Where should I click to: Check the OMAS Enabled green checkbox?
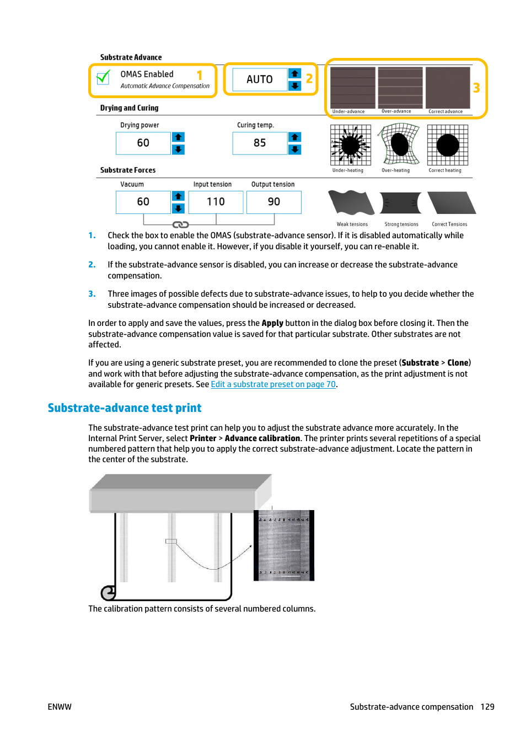(x=103, y=78)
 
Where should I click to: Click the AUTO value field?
(x=259, y=79)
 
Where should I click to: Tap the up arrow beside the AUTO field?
(x=295, y=73)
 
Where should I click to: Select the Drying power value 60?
(x=143, y=143)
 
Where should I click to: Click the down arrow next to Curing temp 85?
(x=295, y=149)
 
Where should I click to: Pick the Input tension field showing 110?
(x=216, y=202)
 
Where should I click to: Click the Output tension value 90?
(x=273, y=202)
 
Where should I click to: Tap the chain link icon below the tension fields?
(x=181, y=224)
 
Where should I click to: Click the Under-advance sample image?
(x=352, y=88)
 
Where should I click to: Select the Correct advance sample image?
(x=448, y=88)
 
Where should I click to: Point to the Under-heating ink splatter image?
(x=350, y=145)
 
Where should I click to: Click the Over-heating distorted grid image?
(x=399, y=145)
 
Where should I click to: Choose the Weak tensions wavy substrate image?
(x=351, y=203)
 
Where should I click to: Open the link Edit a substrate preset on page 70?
(x=273, y=384)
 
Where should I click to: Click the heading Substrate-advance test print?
(x=125, y=408)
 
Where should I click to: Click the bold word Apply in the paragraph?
(x=272, y=323)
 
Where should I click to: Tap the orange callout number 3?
(x=476, y=88)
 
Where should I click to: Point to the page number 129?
(x=487, y=707)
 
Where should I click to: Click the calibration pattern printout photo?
(x=284, y=545)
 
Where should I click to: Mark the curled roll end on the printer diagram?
(x=108, y=593)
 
